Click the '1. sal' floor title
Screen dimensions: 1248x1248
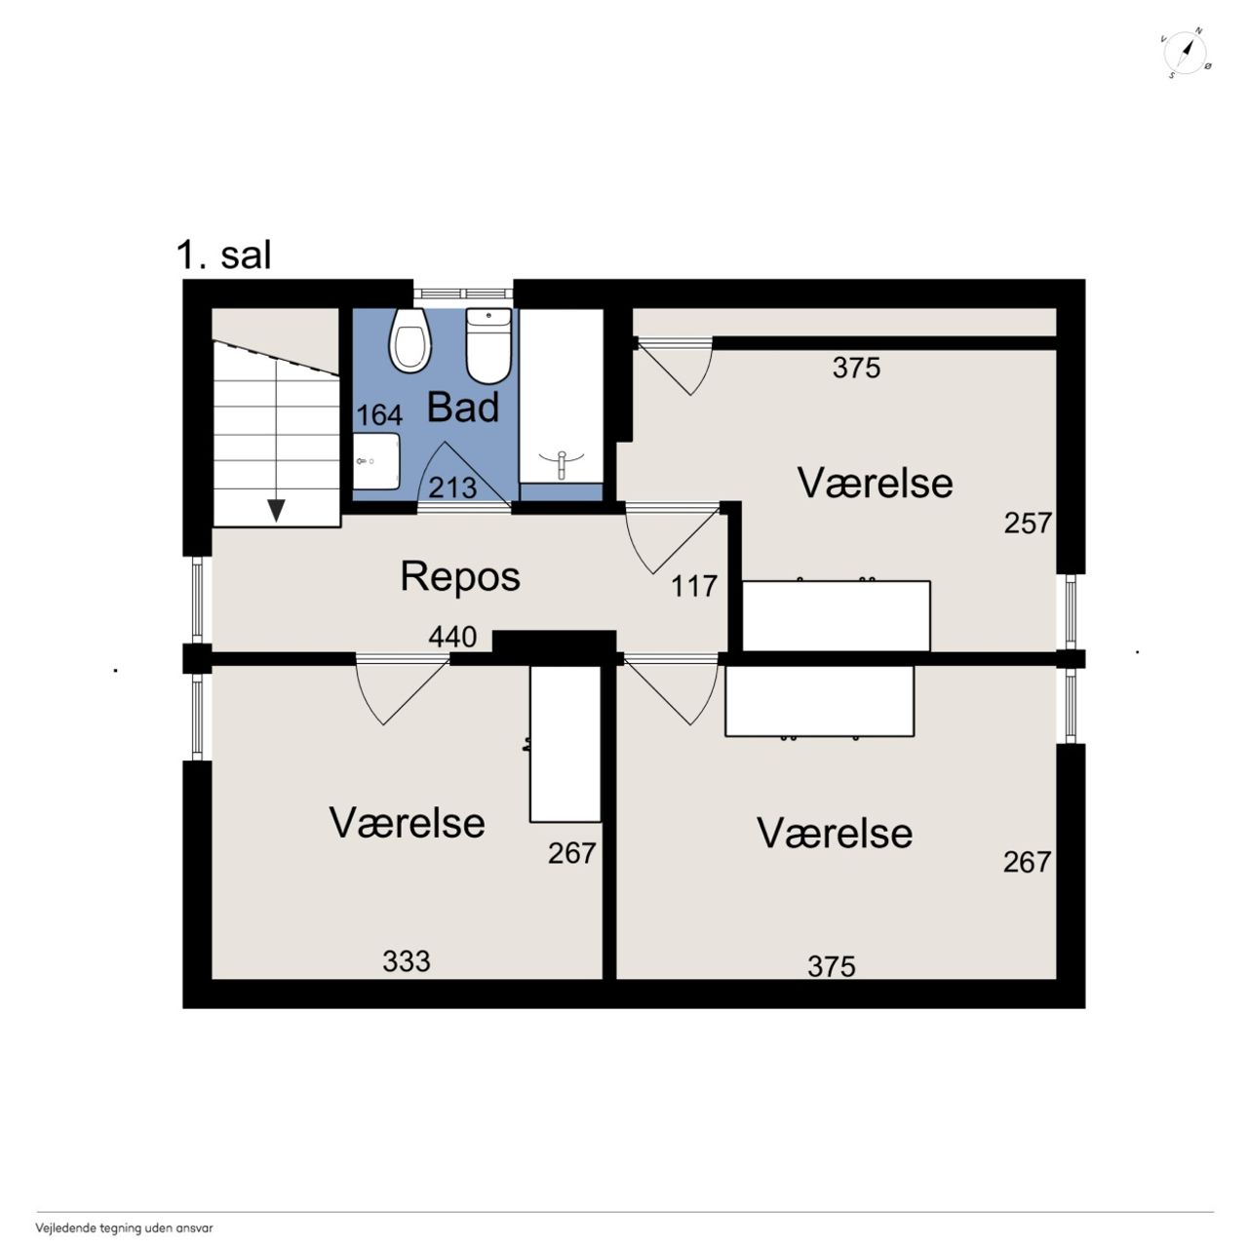click(223, 255)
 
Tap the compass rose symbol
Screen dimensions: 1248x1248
click(1188, 54)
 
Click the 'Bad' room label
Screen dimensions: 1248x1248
click(463, 408)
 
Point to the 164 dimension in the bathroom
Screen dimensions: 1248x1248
click(379, 415)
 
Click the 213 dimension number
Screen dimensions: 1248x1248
click(452, 487)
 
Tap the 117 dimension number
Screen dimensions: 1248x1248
click(693, 586)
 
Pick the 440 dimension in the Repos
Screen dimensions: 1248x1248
click(452, 637)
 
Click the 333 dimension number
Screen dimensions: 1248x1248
click(406, 961)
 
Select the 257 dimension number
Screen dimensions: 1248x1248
click(1028, 523)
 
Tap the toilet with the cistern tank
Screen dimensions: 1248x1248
click(488, 346)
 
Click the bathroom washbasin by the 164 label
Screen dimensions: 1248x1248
click(376, 461)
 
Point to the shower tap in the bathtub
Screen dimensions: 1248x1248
click(562, 464)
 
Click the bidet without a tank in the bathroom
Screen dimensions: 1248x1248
click(410, 340)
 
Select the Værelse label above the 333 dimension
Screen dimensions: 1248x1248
click(408, 823)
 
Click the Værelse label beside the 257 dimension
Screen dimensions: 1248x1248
click(875, 483)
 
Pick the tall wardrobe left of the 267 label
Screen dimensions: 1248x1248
click(565, 744)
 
